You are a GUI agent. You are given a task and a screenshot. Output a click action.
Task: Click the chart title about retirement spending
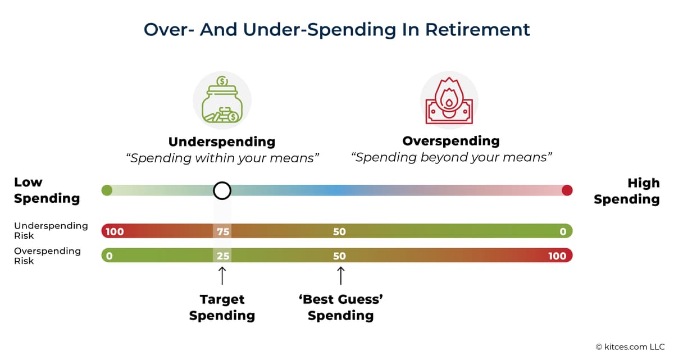coord(337,29)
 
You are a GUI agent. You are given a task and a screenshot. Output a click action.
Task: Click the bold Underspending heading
coord(222,141)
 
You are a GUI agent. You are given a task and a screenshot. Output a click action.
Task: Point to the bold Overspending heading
coord(451,140)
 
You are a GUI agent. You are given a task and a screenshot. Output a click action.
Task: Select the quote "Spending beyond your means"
coord(452,157)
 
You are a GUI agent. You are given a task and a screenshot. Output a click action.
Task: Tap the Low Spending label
coord(47,190)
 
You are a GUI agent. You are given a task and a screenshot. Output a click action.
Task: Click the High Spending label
coord(627,191)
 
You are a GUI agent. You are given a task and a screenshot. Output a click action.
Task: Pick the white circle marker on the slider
coord(222,190)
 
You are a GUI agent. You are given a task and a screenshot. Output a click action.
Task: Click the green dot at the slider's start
coord(107,190)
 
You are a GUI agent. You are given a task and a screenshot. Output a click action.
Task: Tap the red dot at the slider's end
coord(567,190)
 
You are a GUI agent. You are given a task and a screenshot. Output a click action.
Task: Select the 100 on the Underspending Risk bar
coord(114,231)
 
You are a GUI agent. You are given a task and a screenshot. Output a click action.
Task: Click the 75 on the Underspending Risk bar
coord(222,231)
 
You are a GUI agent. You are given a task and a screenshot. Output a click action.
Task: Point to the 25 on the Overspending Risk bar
coord(222,256)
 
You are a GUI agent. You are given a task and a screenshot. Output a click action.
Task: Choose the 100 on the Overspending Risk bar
coord(557,256)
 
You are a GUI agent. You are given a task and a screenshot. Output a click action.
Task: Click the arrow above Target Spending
coord(222,276)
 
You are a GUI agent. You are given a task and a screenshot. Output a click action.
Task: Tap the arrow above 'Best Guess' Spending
coord(340,276)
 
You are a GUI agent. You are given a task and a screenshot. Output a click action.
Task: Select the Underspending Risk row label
coord(51,230)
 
